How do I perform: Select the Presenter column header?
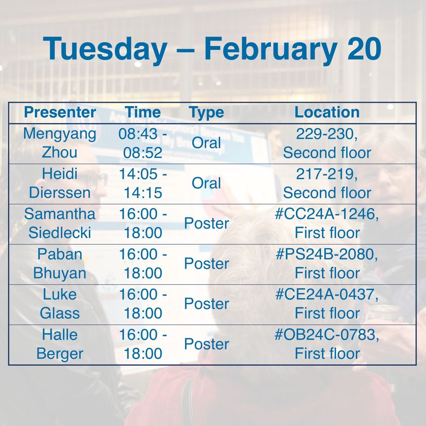point(60,112)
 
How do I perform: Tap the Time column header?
point(143,112)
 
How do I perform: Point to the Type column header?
point(206,112)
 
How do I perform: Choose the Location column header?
point(327,112)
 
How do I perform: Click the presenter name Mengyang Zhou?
point(60,143)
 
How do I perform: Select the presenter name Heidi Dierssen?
point(60,183)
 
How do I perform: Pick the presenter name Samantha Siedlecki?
point(60,223)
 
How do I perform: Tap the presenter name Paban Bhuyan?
point(60,263)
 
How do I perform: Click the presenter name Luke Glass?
point(60,304)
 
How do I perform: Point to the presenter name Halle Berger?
point(60,344)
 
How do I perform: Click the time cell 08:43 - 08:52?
point(143,143)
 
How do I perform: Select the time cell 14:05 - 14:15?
point(143,183)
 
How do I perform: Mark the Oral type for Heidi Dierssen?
point(206,183)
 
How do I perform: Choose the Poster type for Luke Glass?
point(206,304)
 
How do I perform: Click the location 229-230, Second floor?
point(327,143)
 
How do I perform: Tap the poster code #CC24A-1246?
point(327,214)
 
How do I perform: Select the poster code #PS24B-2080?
point(327,254)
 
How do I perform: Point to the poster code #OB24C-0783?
point(327,335)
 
